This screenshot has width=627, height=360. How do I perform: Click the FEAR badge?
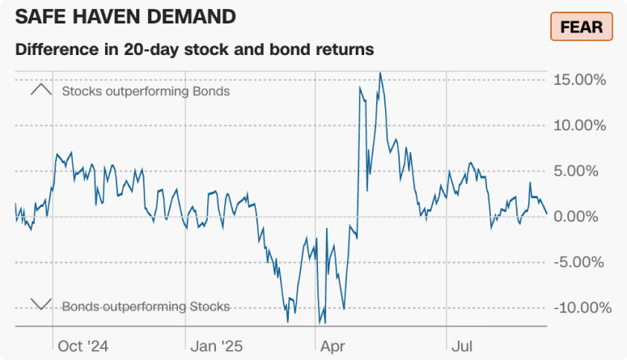(580, 27)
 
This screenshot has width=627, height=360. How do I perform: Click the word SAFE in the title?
(41, 16)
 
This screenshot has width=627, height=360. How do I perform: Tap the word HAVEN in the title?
(107, 16)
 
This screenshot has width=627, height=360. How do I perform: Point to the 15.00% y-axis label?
(579, 80)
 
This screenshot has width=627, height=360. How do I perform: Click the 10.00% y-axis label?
(579, 125)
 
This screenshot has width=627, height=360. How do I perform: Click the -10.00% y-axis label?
(577, 307)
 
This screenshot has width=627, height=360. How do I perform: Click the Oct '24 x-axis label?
(83, 346)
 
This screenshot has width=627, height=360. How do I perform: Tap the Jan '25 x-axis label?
(216, 346)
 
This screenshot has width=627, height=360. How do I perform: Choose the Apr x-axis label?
(333, 346)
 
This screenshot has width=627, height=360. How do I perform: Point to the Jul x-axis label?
(462, 346)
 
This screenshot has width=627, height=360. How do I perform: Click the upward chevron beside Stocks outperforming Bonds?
(40, 90)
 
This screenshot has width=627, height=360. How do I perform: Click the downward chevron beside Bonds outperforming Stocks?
(40, 305)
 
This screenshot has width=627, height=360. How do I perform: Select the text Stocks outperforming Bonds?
(146, 91)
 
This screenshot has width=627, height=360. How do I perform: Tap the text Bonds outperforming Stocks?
(146, 307)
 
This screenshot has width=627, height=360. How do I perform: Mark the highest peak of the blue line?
(380, 73)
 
